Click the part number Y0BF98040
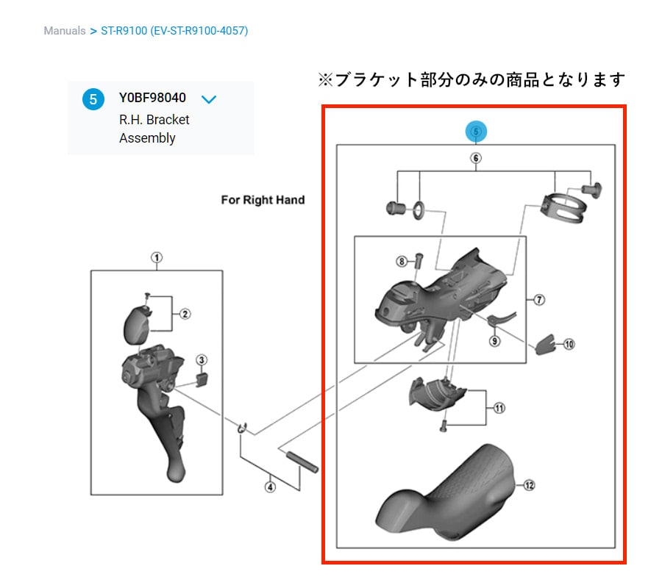[x=152, y=98]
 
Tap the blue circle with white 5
[x=93, y=99]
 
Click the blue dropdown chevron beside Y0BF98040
[x=209, y=99]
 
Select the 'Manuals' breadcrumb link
[x=65, y=31]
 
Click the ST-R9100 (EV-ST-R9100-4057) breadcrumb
[x=174, y=31]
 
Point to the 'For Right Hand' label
[x=263, y=200]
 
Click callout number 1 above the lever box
[x=157, y=257]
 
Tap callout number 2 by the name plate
[x=185, y=314]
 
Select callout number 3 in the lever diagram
[x=202, y=360]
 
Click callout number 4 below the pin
[x=270, y=487]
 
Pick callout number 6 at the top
[x=476, y=158]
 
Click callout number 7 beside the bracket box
[x=539, y=300]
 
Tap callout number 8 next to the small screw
[x=402, y=262]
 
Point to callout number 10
[x=569, y=344]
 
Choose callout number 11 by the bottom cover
[x=499, y=408]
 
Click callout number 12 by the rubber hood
[x=530, y=485]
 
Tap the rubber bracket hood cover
[x=446, y=492]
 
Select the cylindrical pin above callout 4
[x=302, y=462]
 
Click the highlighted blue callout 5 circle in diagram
[x=476, y=132]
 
